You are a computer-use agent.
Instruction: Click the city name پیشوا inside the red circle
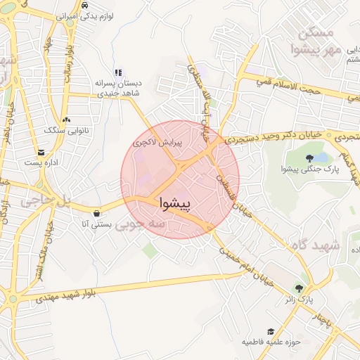pos(176,202)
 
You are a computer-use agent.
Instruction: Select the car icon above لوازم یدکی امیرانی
pos(84,5)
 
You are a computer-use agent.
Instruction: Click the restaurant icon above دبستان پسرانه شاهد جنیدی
pos(118,72)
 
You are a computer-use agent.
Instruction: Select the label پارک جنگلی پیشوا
pos(309,169)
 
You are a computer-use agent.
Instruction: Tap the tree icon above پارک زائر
pos(300,288)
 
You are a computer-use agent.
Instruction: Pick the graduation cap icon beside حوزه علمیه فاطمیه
pos(271,331)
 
